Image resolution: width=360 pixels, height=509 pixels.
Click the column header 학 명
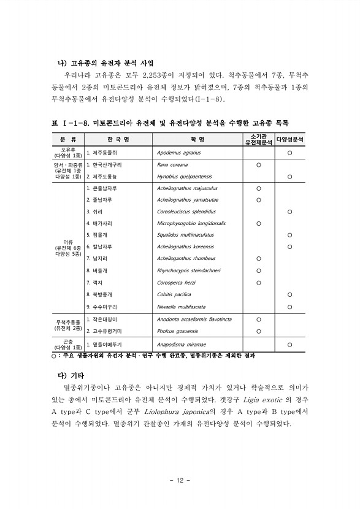(x=197, y=140)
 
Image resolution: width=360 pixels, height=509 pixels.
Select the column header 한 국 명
(x=113, y=140)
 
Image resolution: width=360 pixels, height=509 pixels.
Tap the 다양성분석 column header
(x=291, y=140)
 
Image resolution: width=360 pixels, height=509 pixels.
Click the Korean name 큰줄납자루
(x=103, y=188)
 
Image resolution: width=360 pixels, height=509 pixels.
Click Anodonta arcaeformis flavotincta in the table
(x=194, y=320)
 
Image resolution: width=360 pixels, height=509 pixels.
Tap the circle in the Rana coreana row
(x=258, y=165)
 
